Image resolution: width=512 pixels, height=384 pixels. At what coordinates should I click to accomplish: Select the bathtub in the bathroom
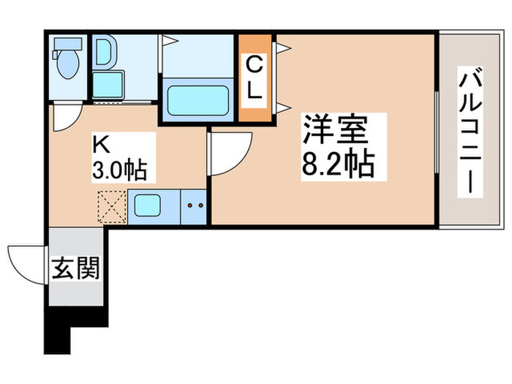[x=197, y=100]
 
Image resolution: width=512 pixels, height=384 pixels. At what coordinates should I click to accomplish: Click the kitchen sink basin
[x=154, y=205]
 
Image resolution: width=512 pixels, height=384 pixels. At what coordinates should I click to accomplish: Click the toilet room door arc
[x=67, y=118]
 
